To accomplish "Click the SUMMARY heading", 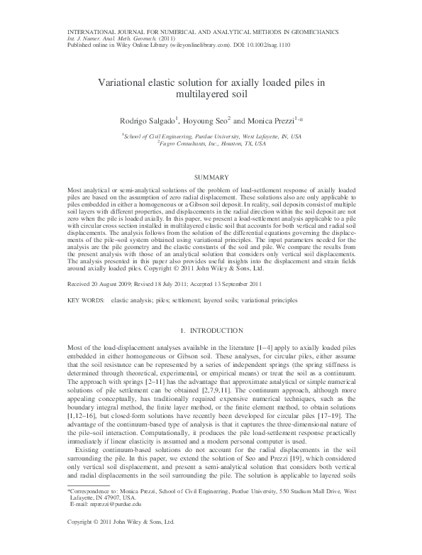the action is [211, 175].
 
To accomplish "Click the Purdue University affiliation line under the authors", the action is [211, 135].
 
